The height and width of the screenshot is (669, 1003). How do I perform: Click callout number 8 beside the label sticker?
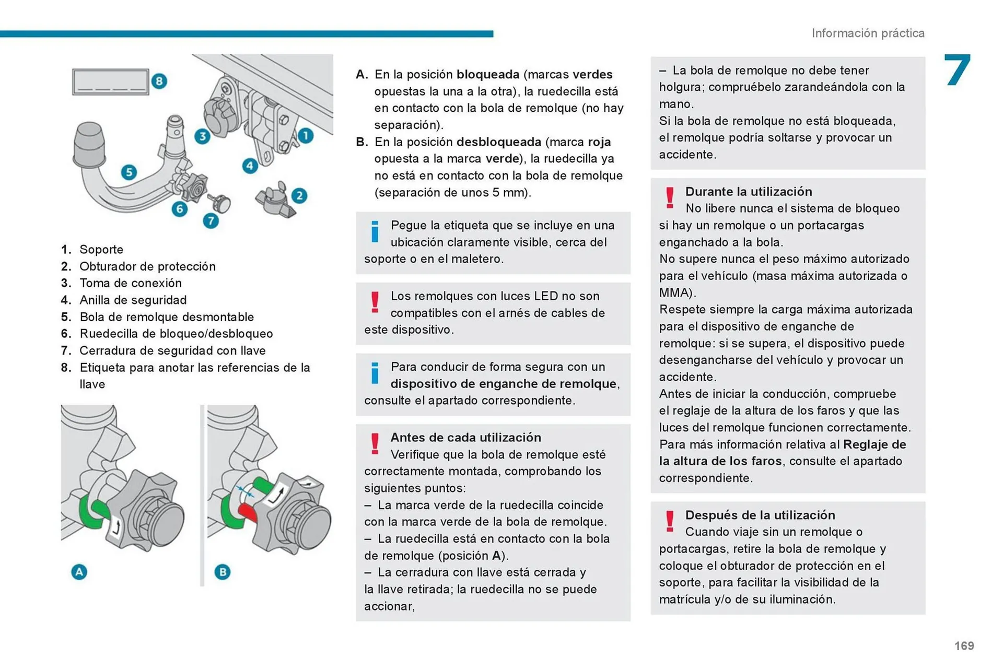tap(159, 81)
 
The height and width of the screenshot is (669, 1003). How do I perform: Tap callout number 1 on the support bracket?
tap(306, 136)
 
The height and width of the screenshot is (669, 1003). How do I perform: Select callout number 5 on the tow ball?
tap(129, 172)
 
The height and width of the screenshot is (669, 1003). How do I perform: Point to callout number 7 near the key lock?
tap(211, 221)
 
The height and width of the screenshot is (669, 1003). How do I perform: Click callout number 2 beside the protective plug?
tap(299, 196)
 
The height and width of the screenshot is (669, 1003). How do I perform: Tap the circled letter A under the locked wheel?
tap(79, 572)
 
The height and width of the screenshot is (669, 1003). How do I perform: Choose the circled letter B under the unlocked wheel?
tap(223, 572)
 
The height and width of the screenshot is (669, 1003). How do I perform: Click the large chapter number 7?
tap(957, 70)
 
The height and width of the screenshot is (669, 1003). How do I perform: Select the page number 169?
tap(964, 646)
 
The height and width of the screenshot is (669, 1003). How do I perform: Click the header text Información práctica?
tap(868, 33)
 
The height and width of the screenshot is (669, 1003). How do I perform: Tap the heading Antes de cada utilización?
tap(465, 438)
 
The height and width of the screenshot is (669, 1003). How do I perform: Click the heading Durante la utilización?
tap(749, 192)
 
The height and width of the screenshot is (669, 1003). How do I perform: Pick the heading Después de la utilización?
tap(760, 515)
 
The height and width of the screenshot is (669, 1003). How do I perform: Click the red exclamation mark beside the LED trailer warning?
tap(375, 302)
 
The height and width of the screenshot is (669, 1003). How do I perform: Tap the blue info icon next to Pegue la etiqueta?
tap(375, 231)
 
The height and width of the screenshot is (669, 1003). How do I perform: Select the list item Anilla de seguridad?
tap(133, 300)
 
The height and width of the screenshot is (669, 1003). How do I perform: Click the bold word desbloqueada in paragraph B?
tap(498, 142)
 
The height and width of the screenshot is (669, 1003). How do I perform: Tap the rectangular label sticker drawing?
tap(110, 82)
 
